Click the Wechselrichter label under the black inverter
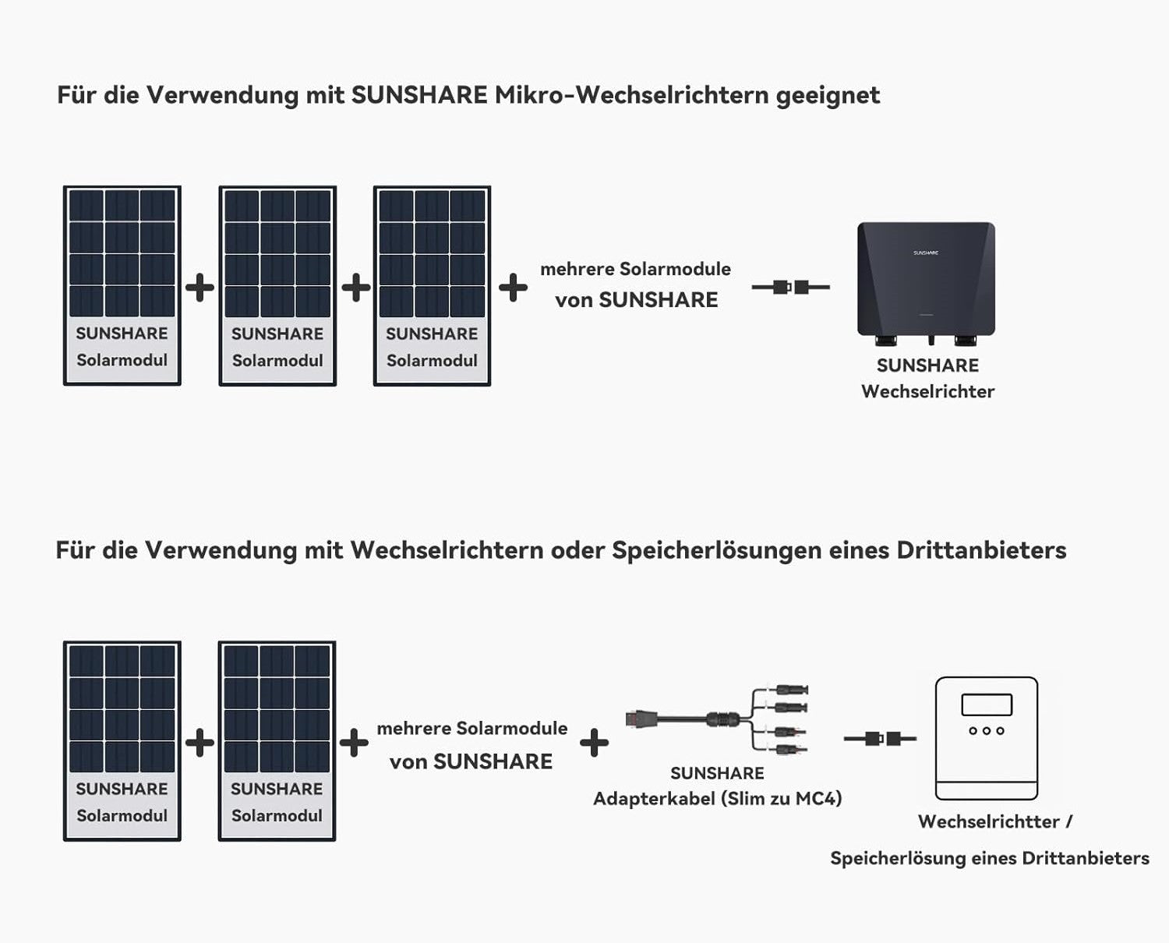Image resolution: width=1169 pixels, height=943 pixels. (927, 391)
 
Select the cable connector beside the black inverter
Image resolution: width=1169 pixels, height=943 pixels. (790, 287)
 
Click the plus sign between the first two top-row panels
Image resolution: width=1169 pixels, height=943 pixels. (200, 287)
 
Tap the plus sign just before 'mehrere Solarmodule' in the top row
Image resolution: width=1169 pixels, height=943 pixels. (513, 287)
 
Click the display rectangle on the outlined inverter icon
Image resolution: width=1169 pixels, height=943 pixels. (987, 705)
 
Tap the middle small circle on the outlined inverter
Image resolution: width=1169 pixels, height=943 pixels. (987, 731)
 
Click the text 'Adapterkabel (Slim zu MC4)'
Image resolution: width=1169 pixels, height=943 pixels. (717, 799)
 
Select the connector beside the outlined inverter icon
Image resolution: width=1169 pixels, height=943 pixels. (881, 738)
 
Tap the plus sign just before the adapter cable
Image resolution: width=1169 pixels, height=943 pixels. (594, 743)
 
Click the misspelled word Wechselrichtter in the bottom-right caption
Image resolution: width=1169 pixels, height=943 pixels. (988, 821)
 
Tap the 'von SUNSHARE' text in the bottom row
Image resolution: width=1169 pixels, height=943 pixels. (471, 761)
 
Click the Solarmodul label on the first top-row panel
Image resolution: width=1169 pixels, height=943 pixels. (122, 360)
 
